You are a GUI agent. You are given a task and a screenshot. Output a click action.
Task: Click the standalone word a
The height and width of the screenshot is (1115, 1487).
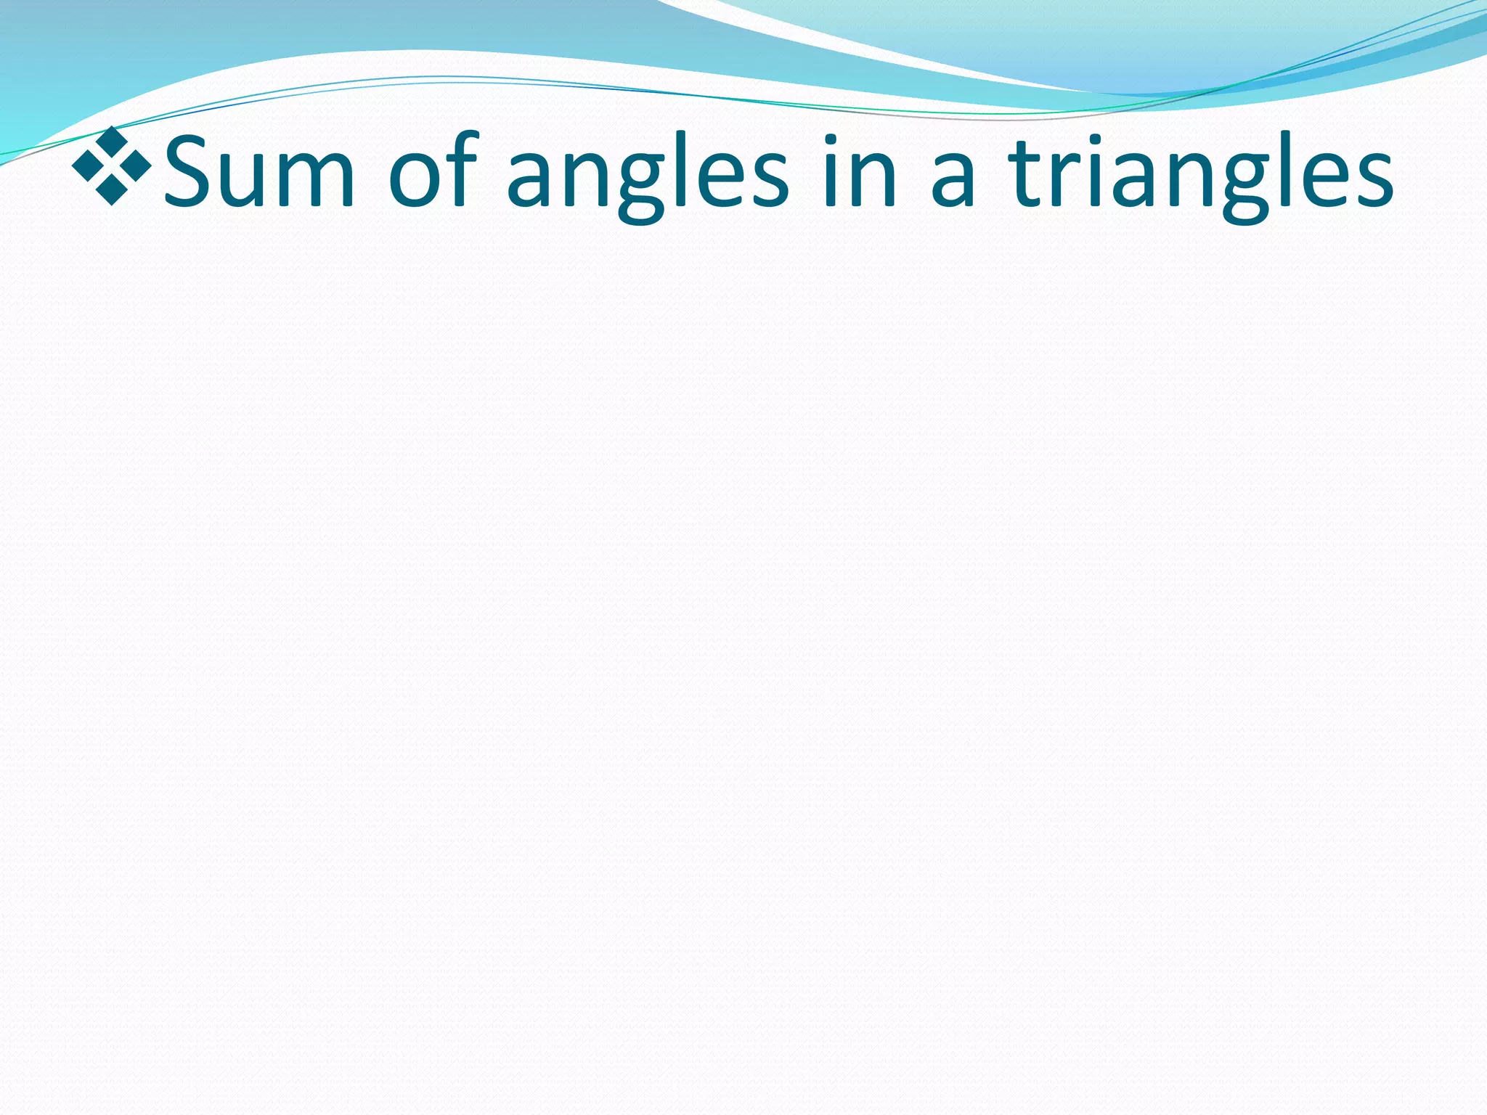pyautogui.click(x=952, y=179)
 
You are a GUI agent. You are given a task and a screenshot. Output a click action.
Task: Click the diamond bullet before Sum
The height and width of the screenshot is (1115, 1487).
pyautogui.click(x=112, y=166)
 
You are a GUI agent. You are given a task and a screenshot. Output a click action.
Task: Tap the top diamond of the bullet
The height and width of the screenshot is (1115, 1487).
pyautogui.click(x=112, y=139)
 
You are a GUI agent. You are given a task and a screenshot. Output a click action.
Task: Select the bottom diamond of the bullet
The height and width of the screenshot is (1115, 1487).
pyautogui.click(x=112, y=191)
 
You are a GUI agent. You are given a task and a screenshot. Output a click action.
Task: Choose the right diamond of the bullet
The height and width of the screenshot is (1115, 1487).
pyautogui.click(x=137, y=166)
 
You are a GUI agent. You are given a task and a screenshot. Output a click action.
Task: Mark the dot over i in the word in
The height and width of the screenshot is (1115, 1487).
pyautogui.click(x=832, y=139)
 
